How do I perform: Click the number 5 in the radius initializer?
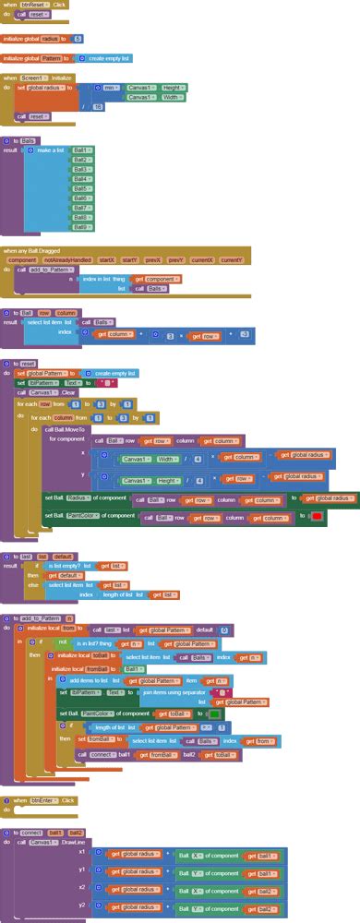[78, 39]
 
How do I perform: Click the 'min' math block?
[108, 88]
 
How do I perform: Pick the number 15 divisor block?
[98, 107]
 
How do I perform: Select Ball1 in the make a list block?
[81, 150]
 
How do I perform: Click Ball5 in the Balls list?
[81, 188]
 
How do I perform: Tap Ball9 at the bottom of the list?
[81, 227]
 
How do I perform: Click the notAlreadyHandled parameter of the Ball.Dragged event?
[66, 260]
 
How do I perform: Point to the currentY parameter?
[231, 260]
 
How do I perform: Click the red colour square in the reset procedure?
[316, 516]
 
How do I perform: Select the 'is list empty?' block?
[65, 566]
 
